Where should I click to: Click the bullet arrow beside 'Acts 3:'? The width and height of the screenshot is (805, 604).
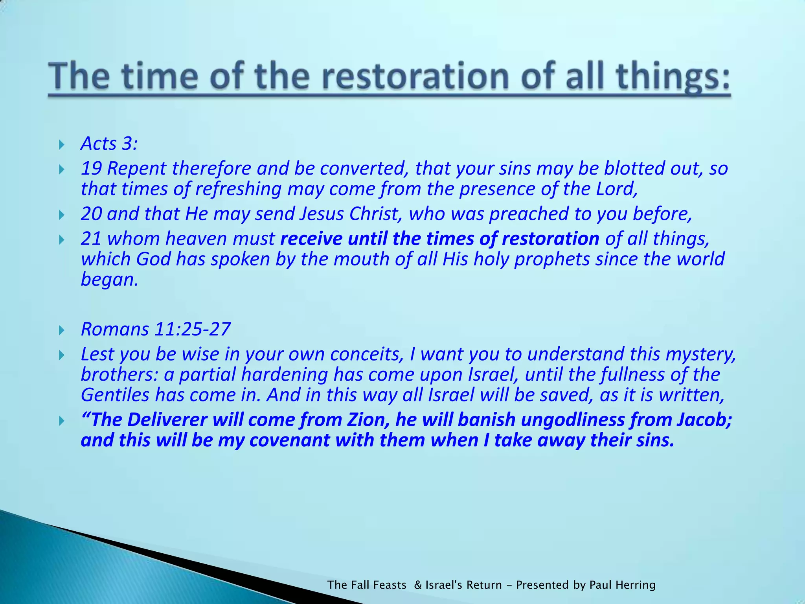click(x=61, y=145)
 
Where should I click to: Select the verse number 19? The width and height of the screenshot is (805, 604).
click(x=91, y=169)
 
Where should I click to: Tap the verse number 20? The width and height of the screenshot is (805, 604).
click(x=91, y=214)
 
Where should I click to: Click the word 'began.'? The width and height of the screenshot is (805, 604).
click(x=109, y=280)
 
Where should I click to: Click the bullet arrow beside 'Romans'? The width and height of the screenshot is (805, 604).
click(x=61, y=330)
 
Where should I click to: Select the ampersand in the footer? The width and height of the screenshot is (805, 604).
click(x=418, y=585)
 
